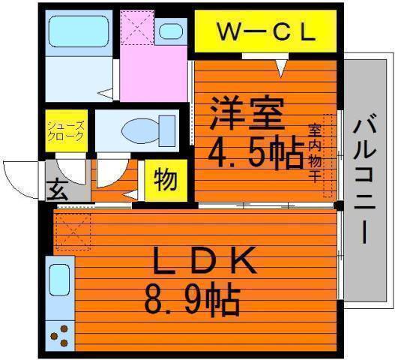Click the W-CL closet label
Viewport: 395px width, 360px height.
pyautogui.click(x=266, y=31)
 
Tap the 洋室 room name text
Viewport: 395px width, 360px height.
pyautogui.click(x=247, y=113)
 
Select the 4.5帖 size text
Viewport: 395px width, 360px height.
pyautogui.click(x=256, y=152)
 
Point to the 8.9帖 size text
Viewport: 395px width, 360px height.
pyautogui.click(x=192, y=299)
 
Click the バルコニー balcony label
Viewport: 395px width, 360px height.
pyautogui.click(x=364, y=178)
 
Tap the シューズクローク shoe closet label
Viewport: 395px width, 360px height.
pyautogui.click(x=66, y=130)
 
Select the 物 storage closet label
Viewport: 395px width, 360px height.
pyautogui.click(x=165, y=180)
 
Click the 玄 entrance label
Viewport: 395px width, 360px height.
pyautogui.click(x=57, y=190)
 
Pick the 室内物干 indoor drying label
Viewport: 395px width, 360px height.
pyautogui.click(x=315, y=153)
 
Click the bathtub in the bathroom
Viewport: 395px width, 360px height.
pyautogui.click(x=79, y=31)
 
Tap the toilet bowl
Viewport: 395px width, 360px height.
pyautogui.click(x=141, y=130)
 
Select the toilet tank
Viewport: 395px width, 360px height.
pyautogui.click(x=167, y=130)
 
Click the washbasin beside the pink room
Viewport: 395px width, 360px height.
pyautogui.click(x=171, y=31)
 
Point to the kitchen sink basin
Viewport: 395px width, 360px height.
pyautogui.click(x=59, y=280)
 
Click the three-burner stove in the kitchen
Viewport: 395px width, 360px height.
pyautogui.click(x=60, y=336)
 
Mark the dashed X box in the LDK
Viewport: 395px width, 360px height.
pyautogui.click(x=73, y=232)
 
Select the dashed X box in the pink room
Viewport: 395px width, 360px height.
pyautogui.click(x=137, y=28)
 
